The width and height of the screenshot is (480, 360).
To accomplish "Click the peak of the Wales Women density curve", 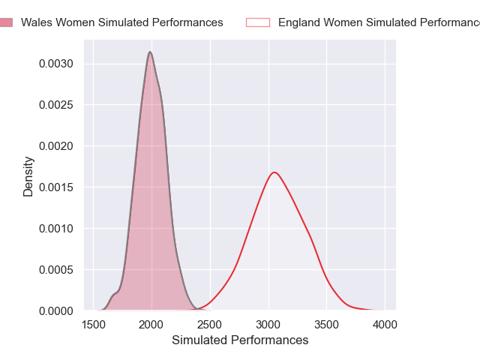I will (x=150, y=52).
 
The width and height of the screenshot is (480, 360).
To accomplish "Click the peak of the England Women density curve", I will (x=274, y=172).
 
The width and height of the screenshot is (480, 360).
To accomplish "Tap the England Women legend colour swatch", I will (x=257, y=22).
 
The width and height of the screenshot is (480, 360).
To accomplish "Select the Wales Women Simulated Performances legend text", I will (x=121, y=22).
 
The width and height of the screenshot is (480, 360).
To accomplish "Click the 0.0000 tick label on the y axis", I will (x=57, y=310).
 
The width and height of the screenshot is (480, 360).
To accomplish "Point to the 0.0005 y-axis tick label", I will (x=57, y=269).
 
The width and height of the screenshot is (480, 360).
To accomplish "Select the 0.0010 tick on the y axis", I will (x=57, y=228).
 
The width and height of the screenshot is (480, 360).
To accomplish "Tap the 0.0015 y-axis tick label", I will (x=57, y=187).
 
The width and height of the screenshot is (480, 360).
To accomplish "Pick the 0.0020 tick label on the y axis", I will (x=57, y=145).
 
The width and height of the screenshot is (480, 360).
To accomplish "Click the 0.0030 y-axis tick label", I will (x=57, y=64).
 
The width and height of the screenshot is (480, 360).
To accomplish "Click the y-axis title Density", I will (x=28, y=176).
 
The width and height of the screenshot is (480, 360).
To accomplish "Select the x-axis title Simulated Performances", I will (x=240, y=340).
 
